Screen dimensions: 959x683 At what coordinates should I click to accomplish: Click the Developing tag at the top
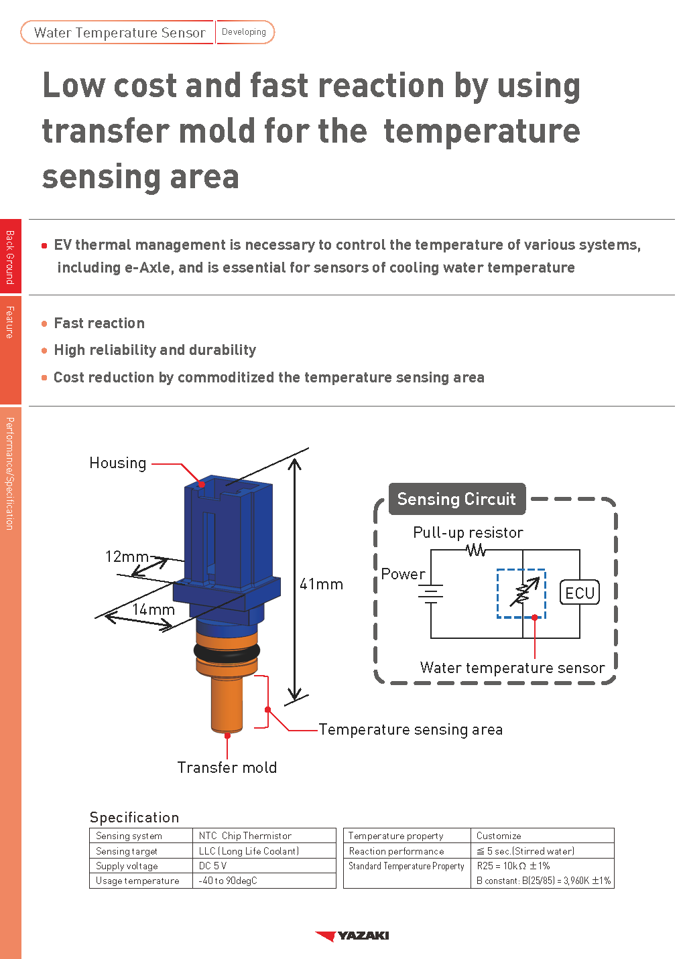[244, 32]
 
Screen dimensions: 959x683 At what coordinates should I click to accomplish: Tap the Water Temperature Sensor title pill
[119, 33]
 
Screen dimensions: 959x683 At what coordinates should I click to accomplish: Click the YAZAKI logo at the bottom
[353, 936]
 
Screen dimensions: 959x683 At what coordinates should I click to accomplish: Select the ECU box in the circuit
[579, 593]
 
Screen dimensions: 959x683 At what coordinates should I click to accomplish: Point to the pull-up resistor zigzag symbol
[476, 550]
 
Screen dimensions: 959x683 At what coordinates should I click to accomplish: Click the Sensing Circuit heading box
[456, 499]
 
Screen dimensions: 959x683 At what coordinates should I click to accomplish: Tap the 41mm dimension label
[321, 584]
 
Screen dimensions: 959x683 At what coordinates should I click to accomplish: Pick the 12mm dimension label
[126, 557]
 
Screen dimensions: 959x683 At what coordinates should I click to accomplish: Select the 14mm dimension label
[153, 609]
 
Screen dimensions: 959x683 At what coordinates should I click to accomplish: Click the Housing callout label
[118, 463]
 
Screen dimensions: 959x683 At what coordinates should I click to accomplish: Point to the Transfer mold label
[227, 767]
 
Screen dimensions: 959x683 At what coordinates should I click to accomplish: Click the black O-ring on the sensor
[227, 650]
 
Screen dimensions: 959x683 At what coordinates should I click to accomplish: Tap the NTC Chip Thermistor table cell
[245, 836]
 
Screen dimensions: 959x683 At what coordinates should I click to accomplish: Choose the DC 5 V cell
[213, 866]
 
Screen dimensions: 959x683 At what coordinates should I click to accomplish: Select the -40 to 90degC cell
[228, 881]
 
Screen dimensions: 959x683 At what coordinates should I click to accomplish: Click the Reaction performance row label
[396, 851]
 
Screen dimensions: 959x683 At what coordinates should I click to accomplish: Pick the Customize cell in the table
[499, 836]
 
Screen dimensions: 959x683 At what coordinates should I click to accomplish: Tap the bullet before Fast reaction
[44, 323]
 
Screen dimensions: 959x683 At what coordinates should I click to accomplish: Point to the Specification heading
[134, 817]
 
